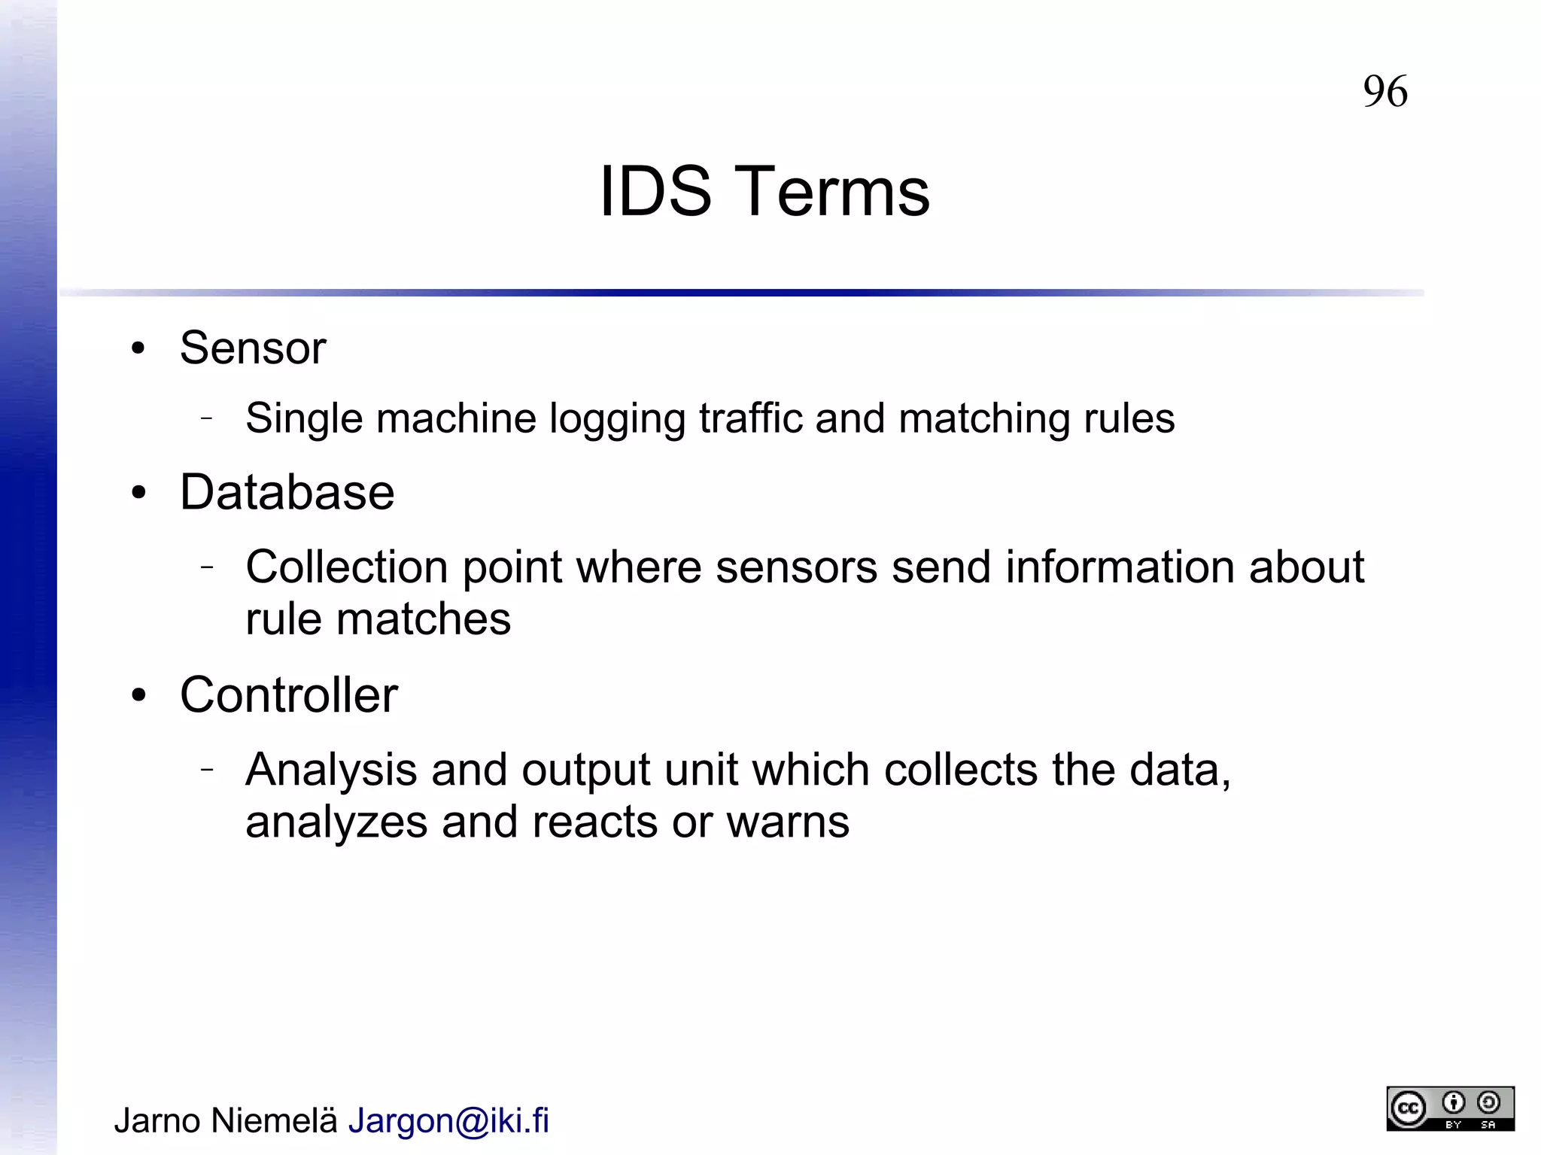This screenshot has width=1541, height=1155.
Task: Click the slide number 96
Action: point(1384,92)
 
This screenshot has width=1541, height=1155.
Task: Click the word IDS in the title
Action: point(655,192)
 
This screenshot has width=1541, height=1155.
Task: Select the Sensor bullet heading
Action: point(253,348)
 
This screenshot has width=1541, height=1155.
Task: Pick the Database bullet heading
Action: point(287,493)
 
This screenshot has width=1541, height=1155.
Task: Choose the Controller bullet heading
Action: point(289,695)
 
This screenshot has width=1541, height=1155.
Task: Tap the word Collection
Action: point(346,567)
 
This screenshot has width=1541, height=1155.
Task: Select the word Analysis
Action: point(331,771)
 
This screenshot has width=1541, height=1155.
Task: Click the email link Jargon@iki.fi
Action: point(448,1121)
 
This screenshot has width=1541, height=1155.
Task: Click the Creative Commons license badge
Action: point(1450,1108)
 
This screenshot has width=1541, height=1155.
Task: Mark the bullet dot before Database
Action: point(138,494)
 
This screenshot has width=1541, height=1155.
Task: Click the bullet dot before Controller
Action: point(138,695)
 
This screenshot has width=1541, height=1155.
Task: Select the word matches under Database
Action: point(423,619)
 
